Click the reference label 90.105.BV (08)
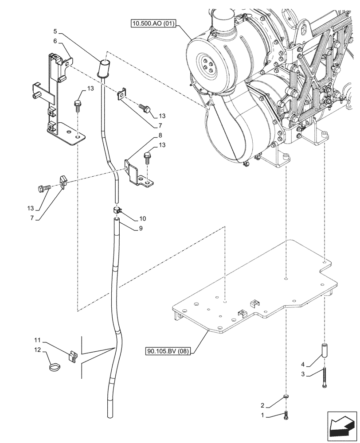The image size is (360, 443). (x=173, y=352)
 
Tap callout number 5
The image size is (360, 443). (x=55, y=31)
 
